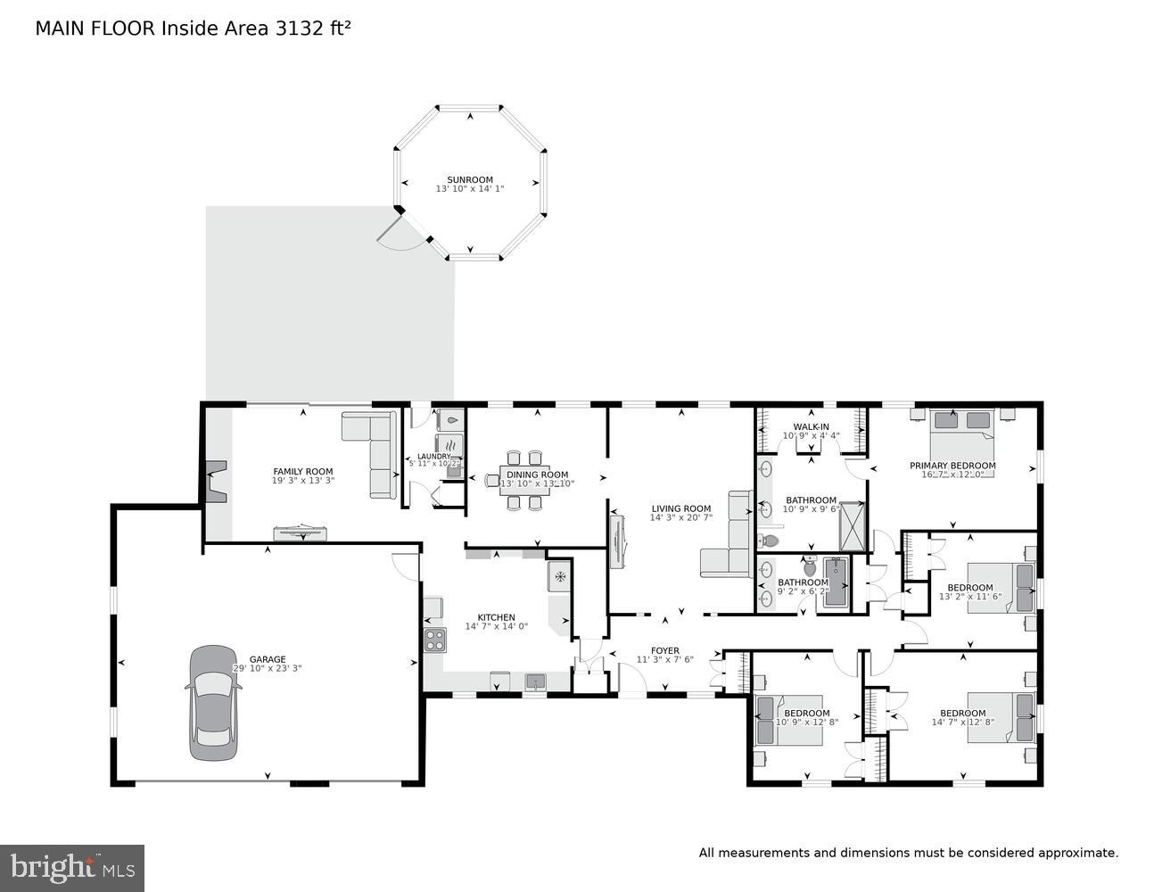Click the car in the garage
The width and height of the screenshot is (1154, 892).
(x=213, y=703)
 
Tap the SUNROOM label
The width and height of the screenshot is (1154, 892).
(x=470, y=179)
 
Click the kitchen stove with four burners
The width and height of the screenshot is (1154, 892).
(x=434, y=639)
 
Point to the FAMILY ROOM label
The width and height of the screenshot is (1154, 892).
(x=302, y=472)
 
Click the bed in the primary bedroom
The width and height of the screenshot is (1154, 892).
(x=960, y=431)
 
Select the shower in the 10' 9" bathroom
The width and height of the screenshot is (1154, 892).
(x=853, y=525)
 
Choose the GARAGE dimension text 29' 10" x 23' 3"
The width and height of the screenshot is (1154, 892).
(x=267, y=668)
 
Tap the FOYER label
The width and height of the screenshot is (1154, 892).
(x=664, y=651)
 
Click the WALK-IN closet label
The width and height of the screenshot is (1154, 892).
(x=811, y=426)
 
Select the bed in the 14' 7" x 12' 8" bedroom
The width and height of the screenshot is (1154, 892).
(x=1002, y=717)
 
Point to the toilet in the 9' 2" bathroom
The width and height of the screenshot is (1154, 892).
(x=810, y=566)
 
